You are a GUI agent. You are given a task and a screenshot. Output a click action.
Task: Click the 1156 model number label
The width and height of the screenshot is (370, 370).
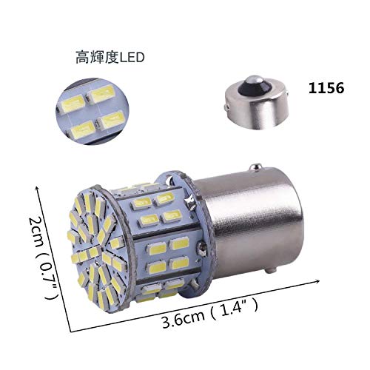326,88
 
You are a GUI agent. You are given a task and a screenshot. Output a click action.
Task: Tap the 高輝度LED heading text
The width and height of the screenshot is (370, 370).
110,57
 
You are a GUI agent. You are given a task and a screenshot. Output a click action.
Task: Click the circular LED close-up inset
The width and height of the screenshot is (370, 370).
92,111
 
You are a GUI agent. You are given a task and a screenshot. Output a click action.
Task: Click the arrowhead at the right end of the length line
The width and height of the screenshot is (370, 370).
317,281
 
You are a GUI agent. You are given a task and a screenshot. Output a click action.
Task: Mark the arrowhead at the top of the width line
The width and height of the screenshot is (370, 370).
38,189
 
